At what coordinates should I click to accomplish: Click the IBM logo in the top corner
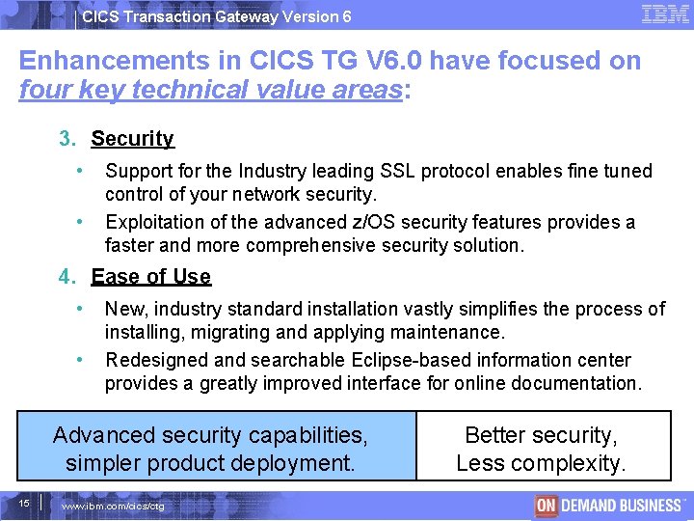coord(665,14)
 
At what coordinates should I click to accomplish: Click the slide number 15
coord(22,503)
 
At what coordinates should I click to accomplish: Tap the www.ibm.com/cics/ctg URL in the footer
coord(113,507)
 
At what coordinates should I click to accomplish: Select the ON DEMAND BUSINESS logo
coord(608,505)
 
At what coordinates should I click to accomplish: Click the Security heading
coord(132,138)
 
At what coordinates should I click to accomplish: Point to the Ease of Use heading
coord(150,277)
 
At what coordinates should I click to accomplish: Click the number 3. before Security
coord(67,138)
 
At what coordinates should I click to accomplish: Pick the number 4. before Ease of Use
coord(67,277)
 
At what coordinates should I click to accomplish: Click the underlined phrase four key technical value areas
coord(211,91)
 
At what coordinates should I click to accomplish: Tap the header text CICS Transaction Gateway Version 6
coord(216,16)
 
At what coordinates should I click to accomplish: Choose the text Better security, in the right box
coord(540,435)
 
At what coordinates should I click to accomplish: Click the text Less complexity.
coord(540,463)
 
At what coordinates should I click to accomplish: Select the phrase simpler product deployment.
coord(210,463)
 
